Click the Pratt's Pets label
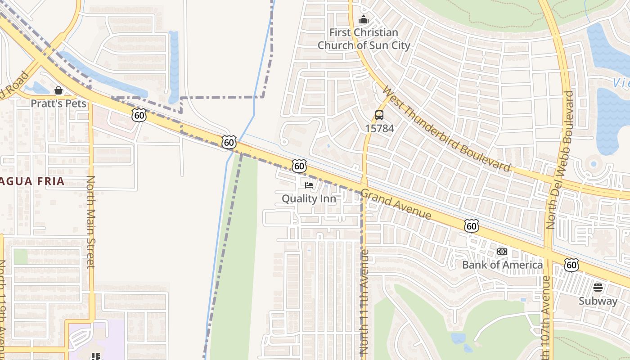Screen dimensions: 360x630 point(58,103)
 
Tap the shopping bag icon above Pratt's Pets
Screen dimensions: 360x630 point(58,90)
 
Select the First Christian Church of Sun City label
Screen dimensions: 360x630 point(364,39)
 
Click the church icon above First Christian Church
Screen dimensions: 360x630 point(364,20)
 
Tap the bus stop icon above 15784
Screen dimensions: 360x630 point(379,115)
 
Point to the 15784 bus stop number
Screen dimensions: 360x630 point(379,129)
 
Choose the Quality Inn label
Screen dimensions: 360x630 point(309,198)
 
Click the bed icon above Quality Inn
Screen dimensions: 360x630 point(309,185)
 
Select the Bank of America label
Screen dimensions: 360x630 point(502,265)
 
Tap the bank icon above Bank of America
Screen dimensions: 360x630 point(502,252)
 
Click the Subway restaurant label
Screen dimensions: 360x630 point(598,301)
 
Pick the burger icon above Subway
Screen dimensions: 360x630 point(598,288)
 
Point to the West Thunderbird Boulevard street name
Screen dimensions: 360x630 point(447,129)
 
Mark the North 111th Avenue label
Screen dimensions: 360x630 point(364,301)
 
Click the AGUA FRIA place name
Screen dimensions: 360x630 point(32,182)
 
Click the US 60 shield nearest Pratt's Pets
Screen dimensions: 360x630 point(139,115)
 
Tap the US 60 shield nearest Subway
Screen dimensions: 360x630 point(571,265)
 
